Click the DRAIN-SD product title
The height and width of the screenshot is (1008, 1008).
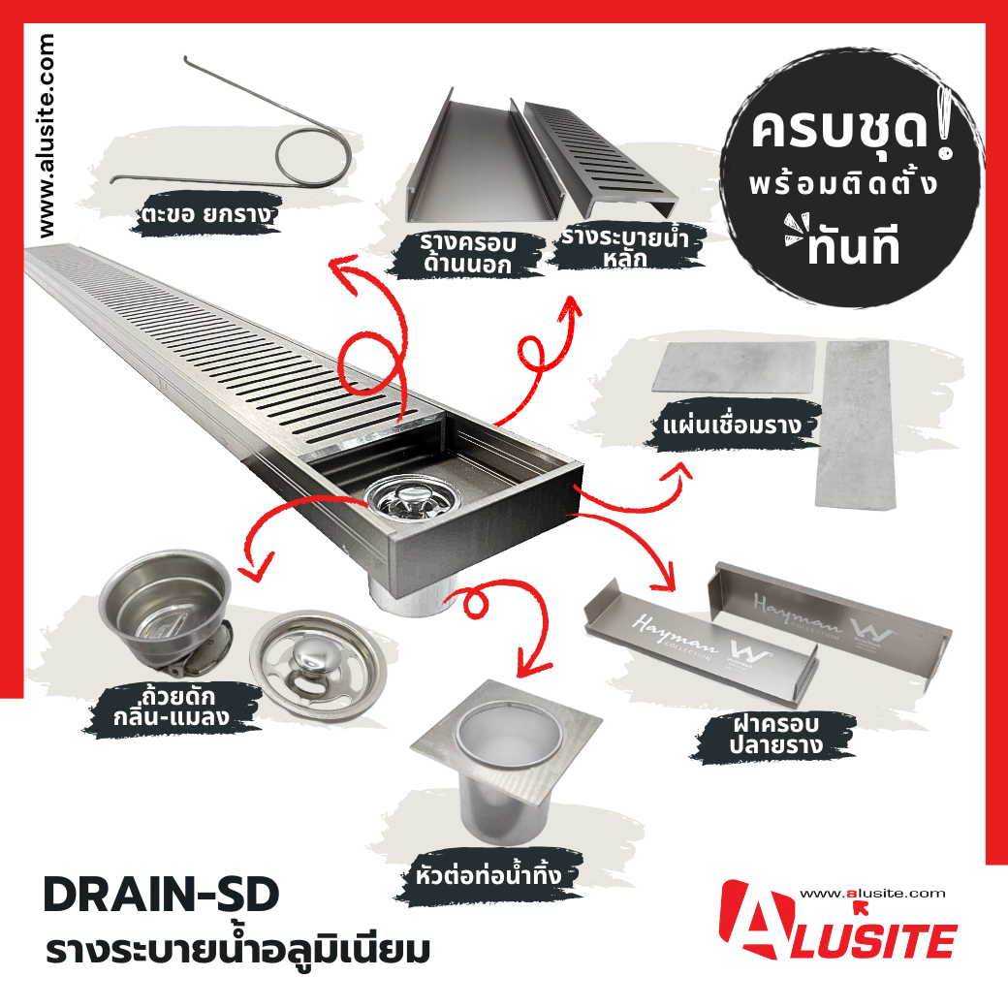point(161,895)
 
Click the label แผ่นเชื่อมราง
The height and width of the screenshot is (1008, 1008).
point(732,425)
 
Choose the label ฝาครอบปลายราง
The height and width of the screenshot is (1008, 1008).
point(776,735)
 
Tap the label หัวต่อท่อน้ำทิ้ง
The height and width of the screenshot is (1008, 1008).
point(488,875)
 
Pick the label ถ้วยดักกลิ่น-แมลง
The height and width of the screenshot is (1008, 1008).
point(172,708)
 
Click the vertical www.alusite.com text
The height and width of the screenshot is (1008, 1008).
point(47,136)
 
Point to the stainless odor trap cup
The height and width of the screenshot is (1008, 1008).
point(166,608)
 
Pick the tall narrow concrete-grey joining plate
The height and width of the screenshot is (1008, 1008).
point(854,424)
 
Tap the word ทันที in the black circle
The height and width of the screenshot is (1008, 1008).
point(853,247)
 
